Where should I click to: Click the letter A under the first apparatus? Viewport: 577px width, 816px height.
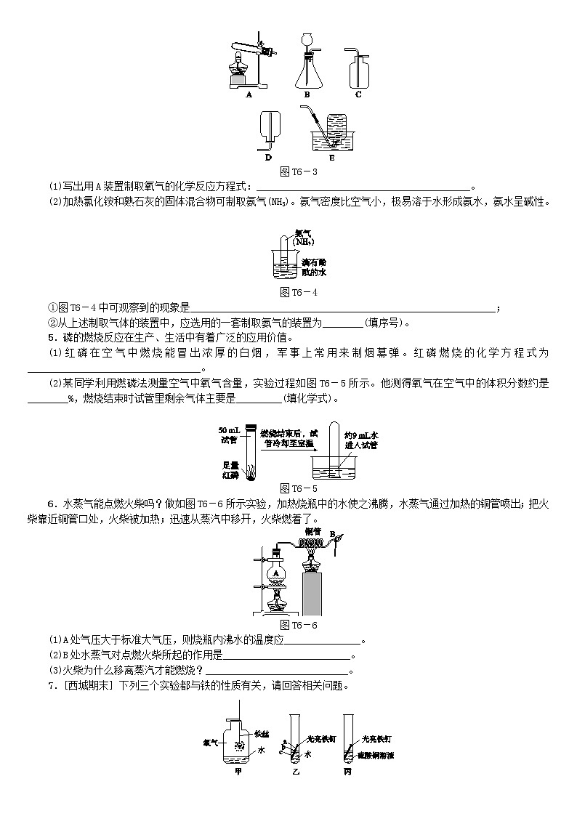tap(249, 94)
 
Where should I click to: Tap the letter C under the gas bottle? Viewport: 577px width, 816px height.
tap(358, 94)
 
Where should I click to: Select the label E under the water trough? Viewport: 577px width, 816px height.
tap(332, 157)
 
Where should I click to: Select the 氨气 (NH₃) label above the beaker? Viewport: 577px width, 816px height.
tap(304, 237)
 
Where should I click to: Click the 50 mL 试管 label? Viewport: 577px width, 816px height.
tap(229, 435)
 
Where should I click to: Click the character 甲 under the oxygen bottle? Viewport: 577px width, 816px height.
tap(238, 772)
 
